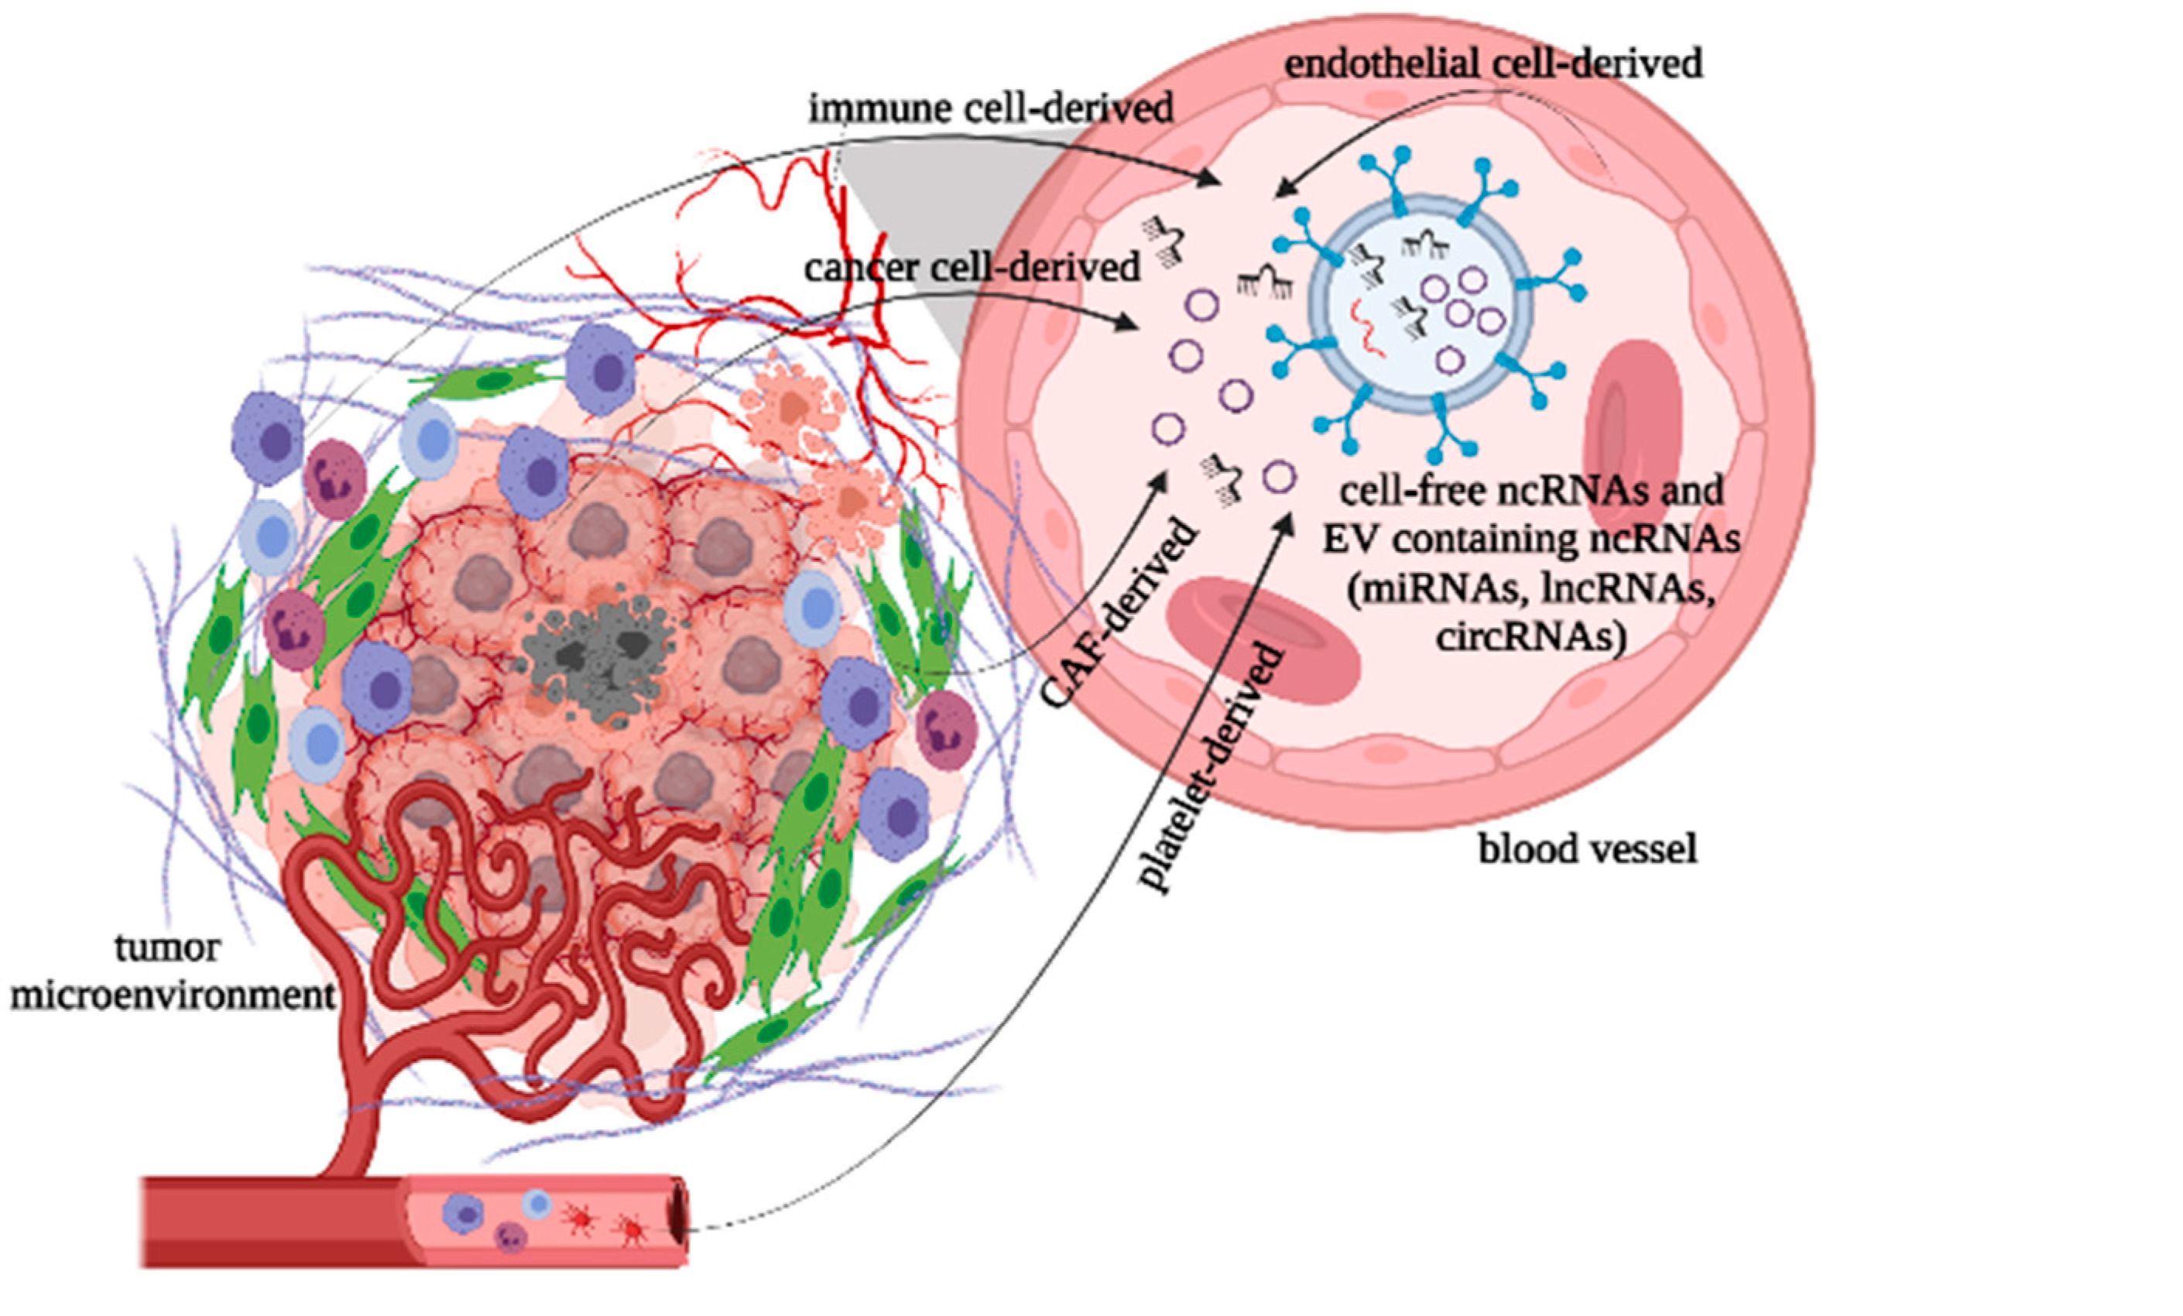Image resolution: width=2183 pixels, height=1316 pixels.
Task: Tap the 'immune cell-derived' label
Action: coord(991,109)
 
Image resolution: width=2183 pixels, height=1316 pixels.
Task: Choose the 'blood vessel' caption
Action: coord(1587,849)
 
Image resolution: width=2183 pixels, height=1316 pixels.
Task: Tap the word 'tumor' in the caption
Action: coord(166,949)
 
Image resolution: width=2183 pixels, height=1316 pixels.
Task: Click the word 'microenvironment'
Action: coord(173,996)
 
